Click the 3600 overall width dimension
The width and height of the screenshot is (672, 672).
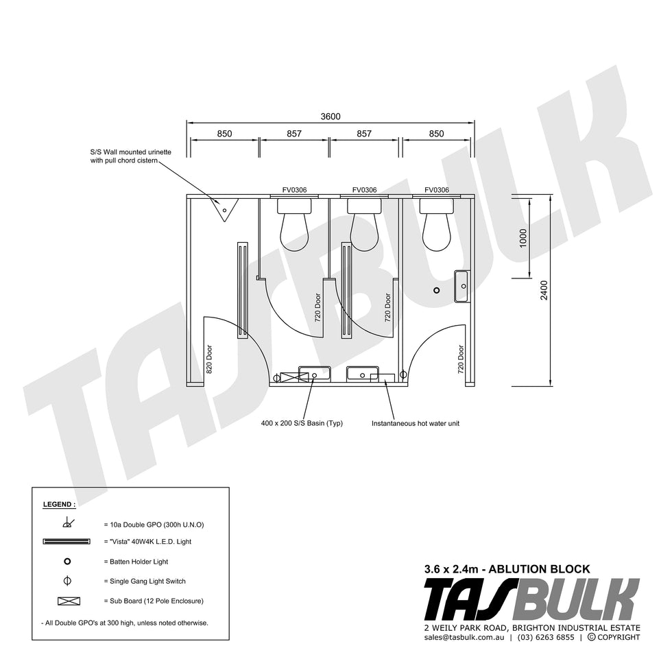[x=331, y=117]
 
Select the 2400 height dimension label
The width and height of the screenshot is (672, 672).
[x=544, y=290]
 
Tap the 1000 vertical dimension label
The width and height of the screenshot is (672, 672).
[x=523, y=239]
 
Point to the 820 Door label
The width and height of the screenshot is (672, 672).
[x=209, y=359]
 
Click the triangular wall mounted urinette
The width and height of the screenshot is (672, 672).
[x=224, y=209]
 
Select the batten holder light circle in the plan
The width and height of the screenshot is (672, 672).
[x=436, y=290]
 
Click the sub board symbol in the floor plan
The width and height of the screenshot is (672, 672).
[x=294, y=378]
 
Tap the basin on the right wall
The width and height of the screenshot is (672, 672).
[x=461, y=287]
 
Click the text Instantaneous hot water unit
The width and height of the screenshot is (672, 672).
[x=416, y=424]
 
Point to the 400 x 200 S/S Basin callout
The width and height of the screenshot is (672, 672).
[x=302, y=424]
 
